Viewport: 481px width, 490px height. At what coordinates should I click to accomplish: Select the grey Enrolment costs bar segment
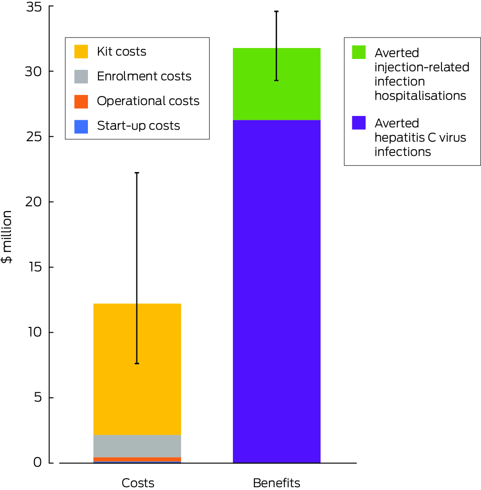pyautogui.click(x=137, y=446)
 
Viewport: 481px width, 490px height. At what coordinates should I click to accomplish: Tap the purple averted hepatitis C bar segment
pyautogui.click(x=276, y=291)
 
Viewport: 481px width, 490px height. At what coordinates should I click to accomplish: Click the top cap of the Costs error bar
pyautogui.click(x=137, y=173)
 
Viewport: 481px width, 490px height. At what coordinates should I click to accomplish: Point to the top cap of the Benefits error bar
pyautogui.click(x=276, y=11)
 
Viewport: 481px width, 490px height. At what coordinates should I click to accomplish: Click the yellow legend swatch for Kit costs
pyautogui.click(x=81, y=51)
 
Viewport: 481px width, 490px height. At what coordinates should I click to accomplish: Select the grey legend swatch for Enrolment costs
pyautogui.click(x=81, y=76)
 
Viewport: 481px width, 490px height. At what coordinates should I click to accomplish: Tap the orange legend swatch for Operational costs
pyautogui.click(x=81, y=101)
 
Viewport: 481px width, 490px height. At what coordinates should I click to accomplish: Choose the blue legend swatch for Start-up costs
pyautogui.click(x=81, y=126)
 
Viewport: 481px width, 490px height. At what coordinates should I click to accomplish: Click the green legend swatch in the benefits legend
pyautogui.click(x=359, y=52)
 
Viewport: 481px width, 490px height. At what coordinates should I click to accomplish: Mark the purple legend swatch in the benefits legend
pyautogui.click(x=359, y=123)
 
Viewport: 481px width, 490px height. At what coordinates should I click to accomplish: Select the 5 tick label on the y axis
pyautogui.click(x=37, y=398)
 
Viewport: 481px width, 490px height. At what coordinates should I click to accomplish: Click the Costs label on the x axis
pyautogui.click(x=138, y=483)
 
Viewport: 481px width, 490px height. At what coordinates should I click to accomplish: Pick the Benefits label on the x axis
pyautogui.click(x=276, y=483)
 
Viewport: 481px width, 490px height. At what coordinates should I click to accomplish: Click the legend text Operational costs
pyautogui.click(x=148, y=101)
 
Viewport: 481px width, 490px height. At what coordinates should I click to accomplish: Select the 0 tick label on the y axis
pyautogui.click(x=37, y=462)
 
